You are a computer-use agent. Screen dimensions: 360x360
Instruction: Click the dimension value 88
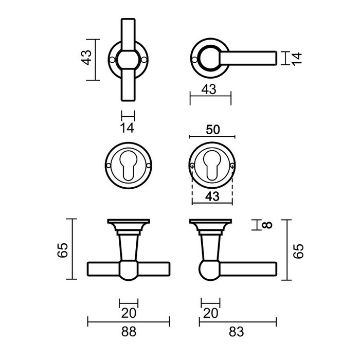[x=129, y=332]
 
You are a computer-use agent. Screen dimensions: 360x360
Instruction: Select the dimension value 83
[x=237, y=332]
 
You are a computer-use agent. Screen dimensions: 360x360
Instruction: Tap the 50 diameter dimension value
[x=212, y=129]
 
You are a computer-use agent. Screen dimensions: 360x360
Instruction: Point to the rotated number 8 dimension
[x=266, y=225]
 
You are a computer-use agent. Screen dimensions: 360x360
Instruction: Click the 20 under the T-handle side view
[x=129, y=313]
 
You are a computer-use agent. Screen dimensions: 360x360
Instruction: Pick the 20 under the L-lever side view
[x=210, y=313]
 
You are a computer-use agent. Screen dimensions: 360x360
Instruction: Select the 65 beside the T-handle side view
[x=62, y=250]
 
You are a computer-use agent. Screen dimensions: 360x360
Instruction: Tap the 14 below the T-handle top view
[x=128, y=128]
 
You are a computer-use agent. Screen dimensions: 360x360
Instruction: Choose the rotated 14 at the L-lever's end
[x=296, y=58]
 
